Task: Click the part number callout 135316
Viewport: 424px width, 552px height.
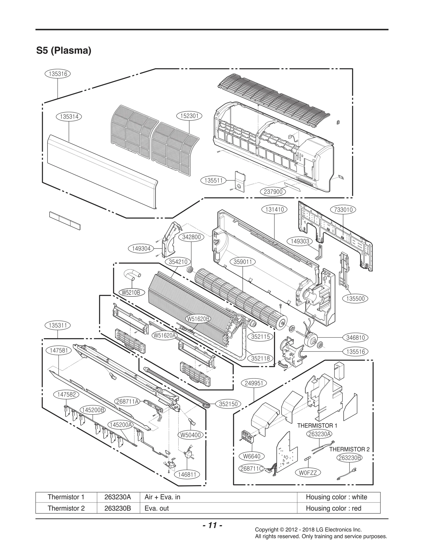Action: tap(58, 74)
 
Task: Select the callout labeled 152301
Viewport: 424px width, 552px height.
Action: tap(189, 116)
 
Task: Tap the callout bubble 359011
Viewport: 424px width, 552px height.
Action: tap(244, 262)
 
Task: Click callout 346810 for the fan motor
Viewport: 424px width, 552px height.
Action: tap(355, 337)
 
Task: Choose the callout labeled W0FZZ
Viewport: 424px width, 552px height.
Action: tap(308, 473)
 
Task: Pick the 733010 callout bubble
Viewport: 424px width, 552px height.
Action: tap(343, 210)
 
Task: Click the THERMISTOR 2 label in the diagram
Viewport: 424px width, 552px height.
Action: tap(349, 449)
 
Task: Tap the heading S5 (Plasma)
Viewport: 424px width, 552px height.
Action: tap(64, 50)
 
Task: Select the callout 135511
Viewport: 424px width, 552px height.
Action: tap(214, 181)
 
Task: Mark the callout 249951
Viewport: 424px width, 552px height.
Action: tap(254, 383)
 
